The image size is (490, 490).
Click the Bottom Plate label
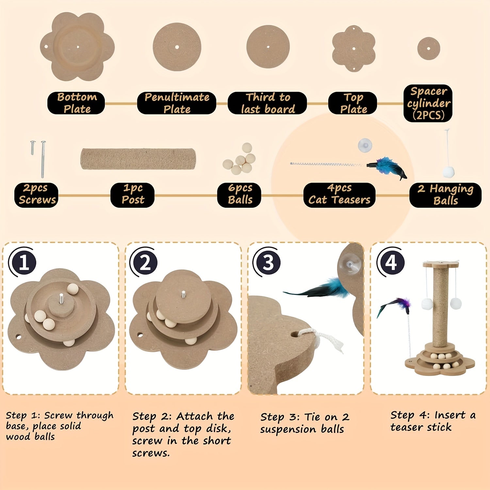tap(76, 103)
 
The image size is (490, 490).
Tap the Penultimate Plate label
tap(177, 103)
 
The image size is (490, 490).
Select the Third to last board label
tap(267, 103)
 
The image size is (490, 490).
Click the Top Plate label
tap(353, 103)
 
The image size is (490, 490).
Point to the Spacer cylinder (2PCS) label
tap(428, 103)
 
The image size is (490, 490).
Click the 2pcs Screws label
tap(36, 195)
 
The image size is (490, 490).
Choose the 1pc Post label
tap(132, 195)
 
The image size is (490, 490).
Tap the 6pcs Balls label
tap(239, 195)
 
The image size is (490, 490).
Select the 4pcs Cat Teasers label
tap(339, 195)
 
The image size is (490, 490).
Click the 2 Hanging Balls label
tap(445, 195)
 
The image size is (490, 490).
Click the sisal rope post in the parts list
tap(138, 159)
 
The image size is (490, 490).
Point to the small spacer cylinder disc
tap(429, 48)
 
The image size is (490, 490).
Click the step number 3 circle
tap(267, 262)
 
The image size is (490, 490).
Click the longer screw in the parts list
tap(43, 159)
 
